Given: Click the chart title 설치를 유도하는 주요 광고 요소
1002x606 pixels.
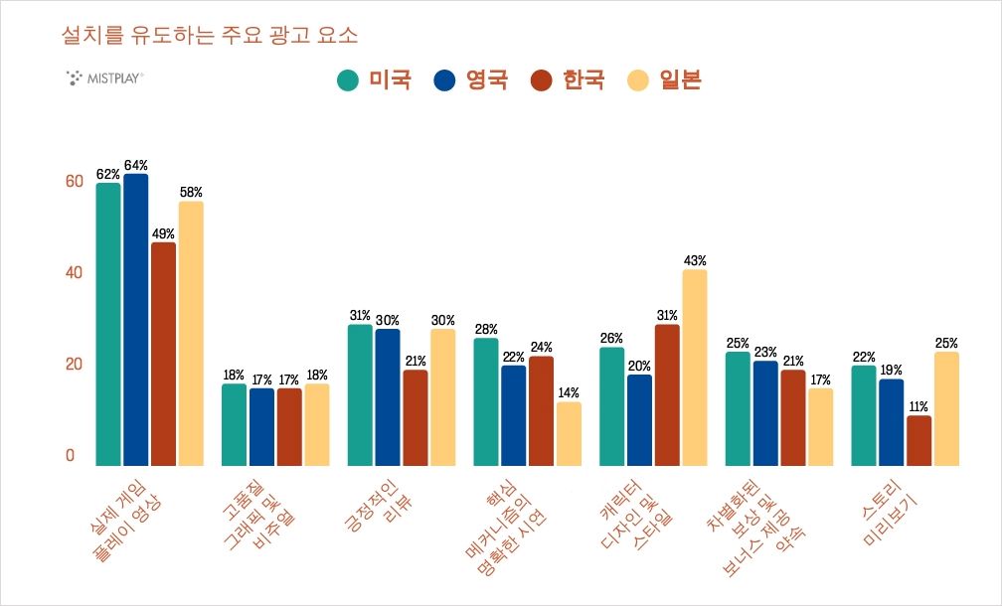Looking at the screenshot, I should pyautogui.click(x=209, y=36).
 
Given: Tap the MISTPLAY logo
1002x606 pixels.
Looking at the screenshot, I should pyautogui.click(x=103, y=76).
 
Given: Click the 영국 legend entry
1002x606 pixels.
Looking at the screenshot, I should pyautogui.click(x=472, y=80).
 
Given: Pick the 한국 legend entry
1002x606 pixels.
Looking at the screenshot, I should pyautogui.click(x=568, y=80).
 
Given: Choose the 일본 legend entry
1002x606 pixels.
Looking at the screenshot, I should pyautogui.click(x=665, y=80).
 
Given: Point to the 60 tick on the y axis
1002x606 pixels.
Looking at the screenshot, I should pyautogui.click(x=70, y=181).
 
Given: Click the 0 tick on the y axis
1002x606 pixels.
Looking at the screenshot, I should pyautogui.click(x=70, y=456).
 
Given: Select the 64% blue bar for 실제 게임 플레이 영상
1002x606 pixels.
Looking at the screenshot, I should pyautogui.click(x=135, y=318).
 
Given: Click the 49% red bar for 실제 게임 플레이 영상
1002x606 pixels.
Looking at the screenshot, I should pyautogui.click(x=163, y=353).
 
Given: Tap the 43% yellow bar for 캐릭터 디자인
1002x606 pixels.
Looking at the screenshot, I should pyautogui.click(x=695, y=368).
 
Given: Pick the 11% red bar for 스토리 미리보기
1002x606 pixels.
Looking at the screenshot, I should pyautogui.click(x=919, y=440).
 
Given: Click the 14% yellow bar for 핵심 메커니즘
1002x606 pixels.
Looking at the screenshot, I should pyautogui.click(x=569, y=433).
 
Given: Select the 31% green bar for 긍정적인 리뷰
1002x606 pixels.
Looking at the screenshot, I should pyautogui.click(x=359, y=394).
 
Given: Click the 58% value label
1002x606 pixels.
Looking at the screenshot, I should pyautogui.click(x=191, y=192).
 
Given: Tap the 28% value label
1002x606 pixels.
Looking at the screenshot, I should pyautogui.click(x=486, y=329).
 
